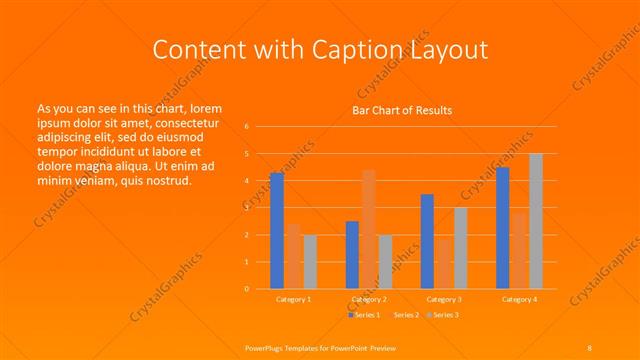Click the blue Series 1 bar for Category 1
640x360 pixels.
click(x=277, y=231)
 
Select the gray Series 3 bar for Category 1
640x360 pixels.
click(x=310, y=262)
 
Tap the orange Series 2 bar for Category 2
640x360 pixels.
click(x=369, y=229)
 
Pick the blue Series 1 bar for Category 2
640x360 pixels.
click(x=352, y=255)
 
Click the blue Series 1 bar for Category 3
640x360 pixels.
click(x=427, y=241)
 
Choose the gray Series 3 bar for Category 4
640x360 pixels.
click(x=536, y=221)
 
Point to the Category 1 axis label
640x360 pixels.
click(x=293, y=299)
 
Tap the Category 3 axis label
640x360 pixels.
click(x=443, y=299)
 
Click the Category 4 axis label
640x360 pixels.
click(x=519, y=299)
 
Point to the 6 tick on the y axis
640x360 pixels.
click(x=247, y=127)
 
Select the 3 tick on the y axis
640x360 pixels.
click(x=247, y=208)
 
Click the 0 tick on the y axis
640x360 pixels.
click(x=247, y=289)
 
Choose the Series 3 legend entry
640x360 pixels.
click(x=445, y=315)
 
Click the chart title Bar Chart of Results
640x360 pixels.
click(x=402, y=109)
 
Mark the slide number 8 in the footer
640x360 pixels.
click(x=589, y=347)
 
